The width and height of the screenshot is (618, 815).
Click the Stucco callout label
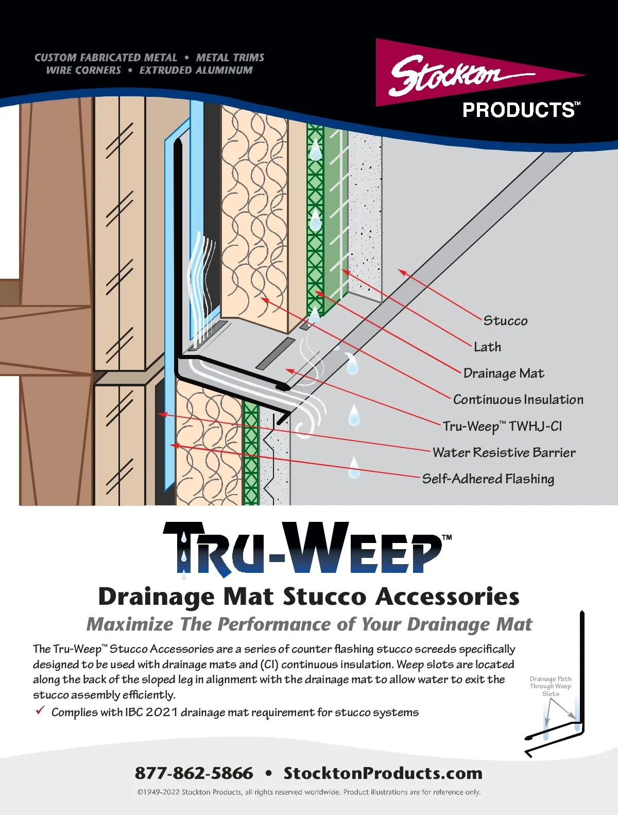505,321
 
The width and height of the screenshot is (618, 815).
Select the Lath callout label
487,347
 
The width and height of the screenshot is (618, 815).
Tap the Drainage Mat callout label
503,373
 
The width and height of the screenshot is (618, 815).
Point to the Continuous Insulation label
518,400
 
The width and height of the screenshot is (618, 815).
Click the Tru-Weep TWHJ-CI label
502,427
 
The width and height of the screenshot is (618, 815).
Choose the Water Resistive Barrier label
504,453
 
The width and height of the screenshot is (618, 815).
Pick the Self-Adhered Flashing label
488,479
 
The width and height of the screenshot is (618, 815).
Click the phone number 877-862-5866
194,773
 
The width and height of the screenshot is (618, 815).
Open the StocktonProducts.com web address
383,773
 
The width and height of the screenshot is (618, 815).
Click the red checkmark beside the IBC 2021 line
40,711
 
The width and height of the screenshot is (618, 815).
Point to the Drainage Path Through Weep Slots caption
550,686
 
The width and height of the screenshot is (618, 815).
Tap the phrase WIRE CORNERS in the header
83,71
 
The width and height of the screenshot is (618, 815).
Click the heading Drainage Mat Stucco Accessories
308,597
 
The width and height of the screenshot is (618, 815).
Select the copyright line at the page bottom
308,792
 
